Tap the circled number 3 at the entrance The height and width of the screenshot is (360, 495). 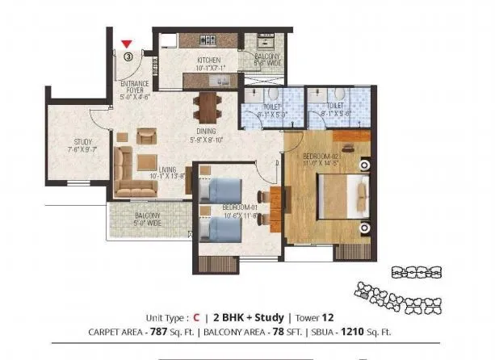pos(128,57)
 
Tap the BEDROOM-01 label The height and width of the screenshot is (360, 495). pos(240,207)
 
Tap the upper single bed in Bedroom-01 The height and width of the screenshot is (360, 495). pos(219,192)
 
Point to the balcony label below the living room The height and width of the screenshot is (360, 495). pos(147,216)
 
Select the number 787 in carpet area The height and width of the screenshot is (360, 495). pos(166,332)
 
